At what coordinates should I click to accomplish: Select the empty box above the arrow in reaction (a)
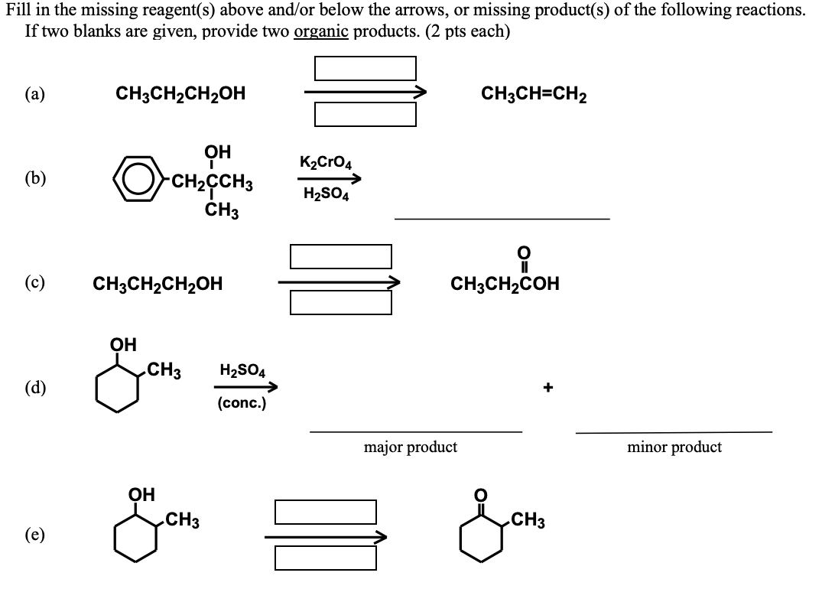[366, 68]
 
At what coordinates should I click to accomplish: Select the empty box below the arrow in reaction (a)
[366, 114]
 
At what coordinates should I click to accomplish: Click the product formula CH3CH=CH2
[534, 94]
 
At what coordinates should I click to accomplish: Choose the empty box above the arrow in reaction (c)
[341, 256]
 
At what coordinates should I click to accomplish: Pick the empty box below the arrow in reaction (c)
[341, 302]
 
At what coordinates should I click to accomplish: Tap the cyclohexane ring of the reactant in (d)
[118, 389]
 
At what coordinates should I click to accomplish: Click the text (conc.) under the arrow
[242, 403]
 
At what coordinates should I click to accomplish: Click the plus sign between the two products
[547, 388]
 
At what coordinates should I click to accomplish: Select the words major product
[411, 447]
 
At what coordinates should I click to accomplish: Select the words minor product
[674, 447]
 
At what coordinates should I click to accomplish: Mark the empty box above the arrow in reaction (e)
[326, 512]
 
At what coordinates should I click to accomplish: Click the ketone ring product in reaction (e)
[481, 539]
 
